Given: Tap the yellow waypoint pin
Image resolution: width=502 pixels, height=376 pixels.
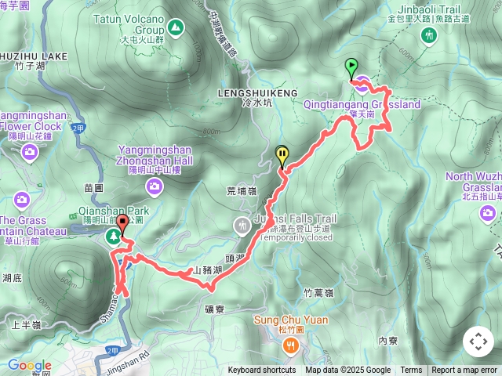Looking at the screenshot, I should click(x=282, y=155).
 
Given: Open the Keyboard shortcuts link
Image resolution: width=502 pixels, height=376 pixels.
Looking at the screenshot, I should click(x=261, y=371).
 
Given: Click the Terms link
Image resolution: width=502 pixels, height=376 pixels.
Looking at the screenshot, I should click(x=411, y=371).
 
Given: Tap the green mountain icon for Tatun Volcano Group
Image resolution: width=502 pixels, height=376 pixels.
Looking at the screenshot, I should click(x=176, y=29).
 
